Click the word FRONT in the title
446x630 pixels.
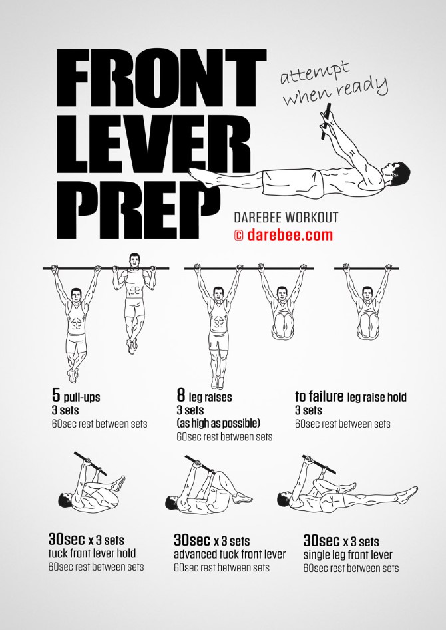(x=161, y=79)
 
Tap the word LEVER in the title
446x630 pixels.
(x=154, y=143)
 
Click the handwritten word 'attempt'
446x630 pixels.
(x=314, y=73)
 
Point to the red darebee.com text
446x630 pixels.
(x=290, y=235)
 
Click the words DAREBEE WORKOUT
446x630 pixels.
(x=286, y=218)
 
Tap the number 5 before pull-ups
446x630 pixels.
(x=56, y=395)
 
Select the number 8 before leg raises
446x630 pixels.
(x=181, y=395)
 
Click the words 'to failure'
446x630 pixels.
(x=319, y=396)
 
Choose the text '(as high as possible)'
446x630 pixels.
(x=218, y=423)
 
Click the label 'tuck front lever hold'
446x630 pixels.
(x=92, y=553)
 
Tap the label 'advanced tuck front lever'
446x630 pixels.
(x=230, y=554)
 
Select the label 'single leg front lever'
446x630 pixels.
(x=348, y=555)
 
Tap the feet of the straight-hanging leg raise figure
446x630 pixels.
(x=217, y=382)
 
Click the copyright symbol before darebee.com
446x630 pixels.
(x=239, y=236)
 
